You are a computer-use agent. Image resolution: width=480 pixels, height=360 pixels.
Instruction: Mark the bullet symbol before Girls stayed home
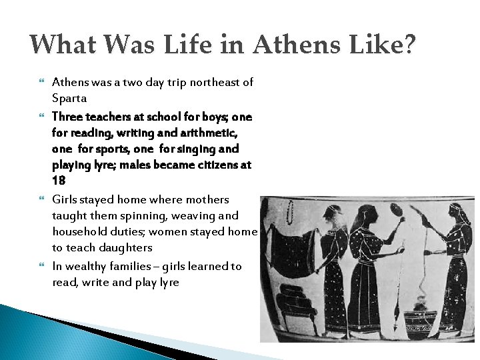(x=42, y=199)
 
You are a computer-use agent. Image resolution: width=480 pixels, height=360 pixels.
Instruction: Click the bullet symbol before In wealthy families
(x=42, y=266)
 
